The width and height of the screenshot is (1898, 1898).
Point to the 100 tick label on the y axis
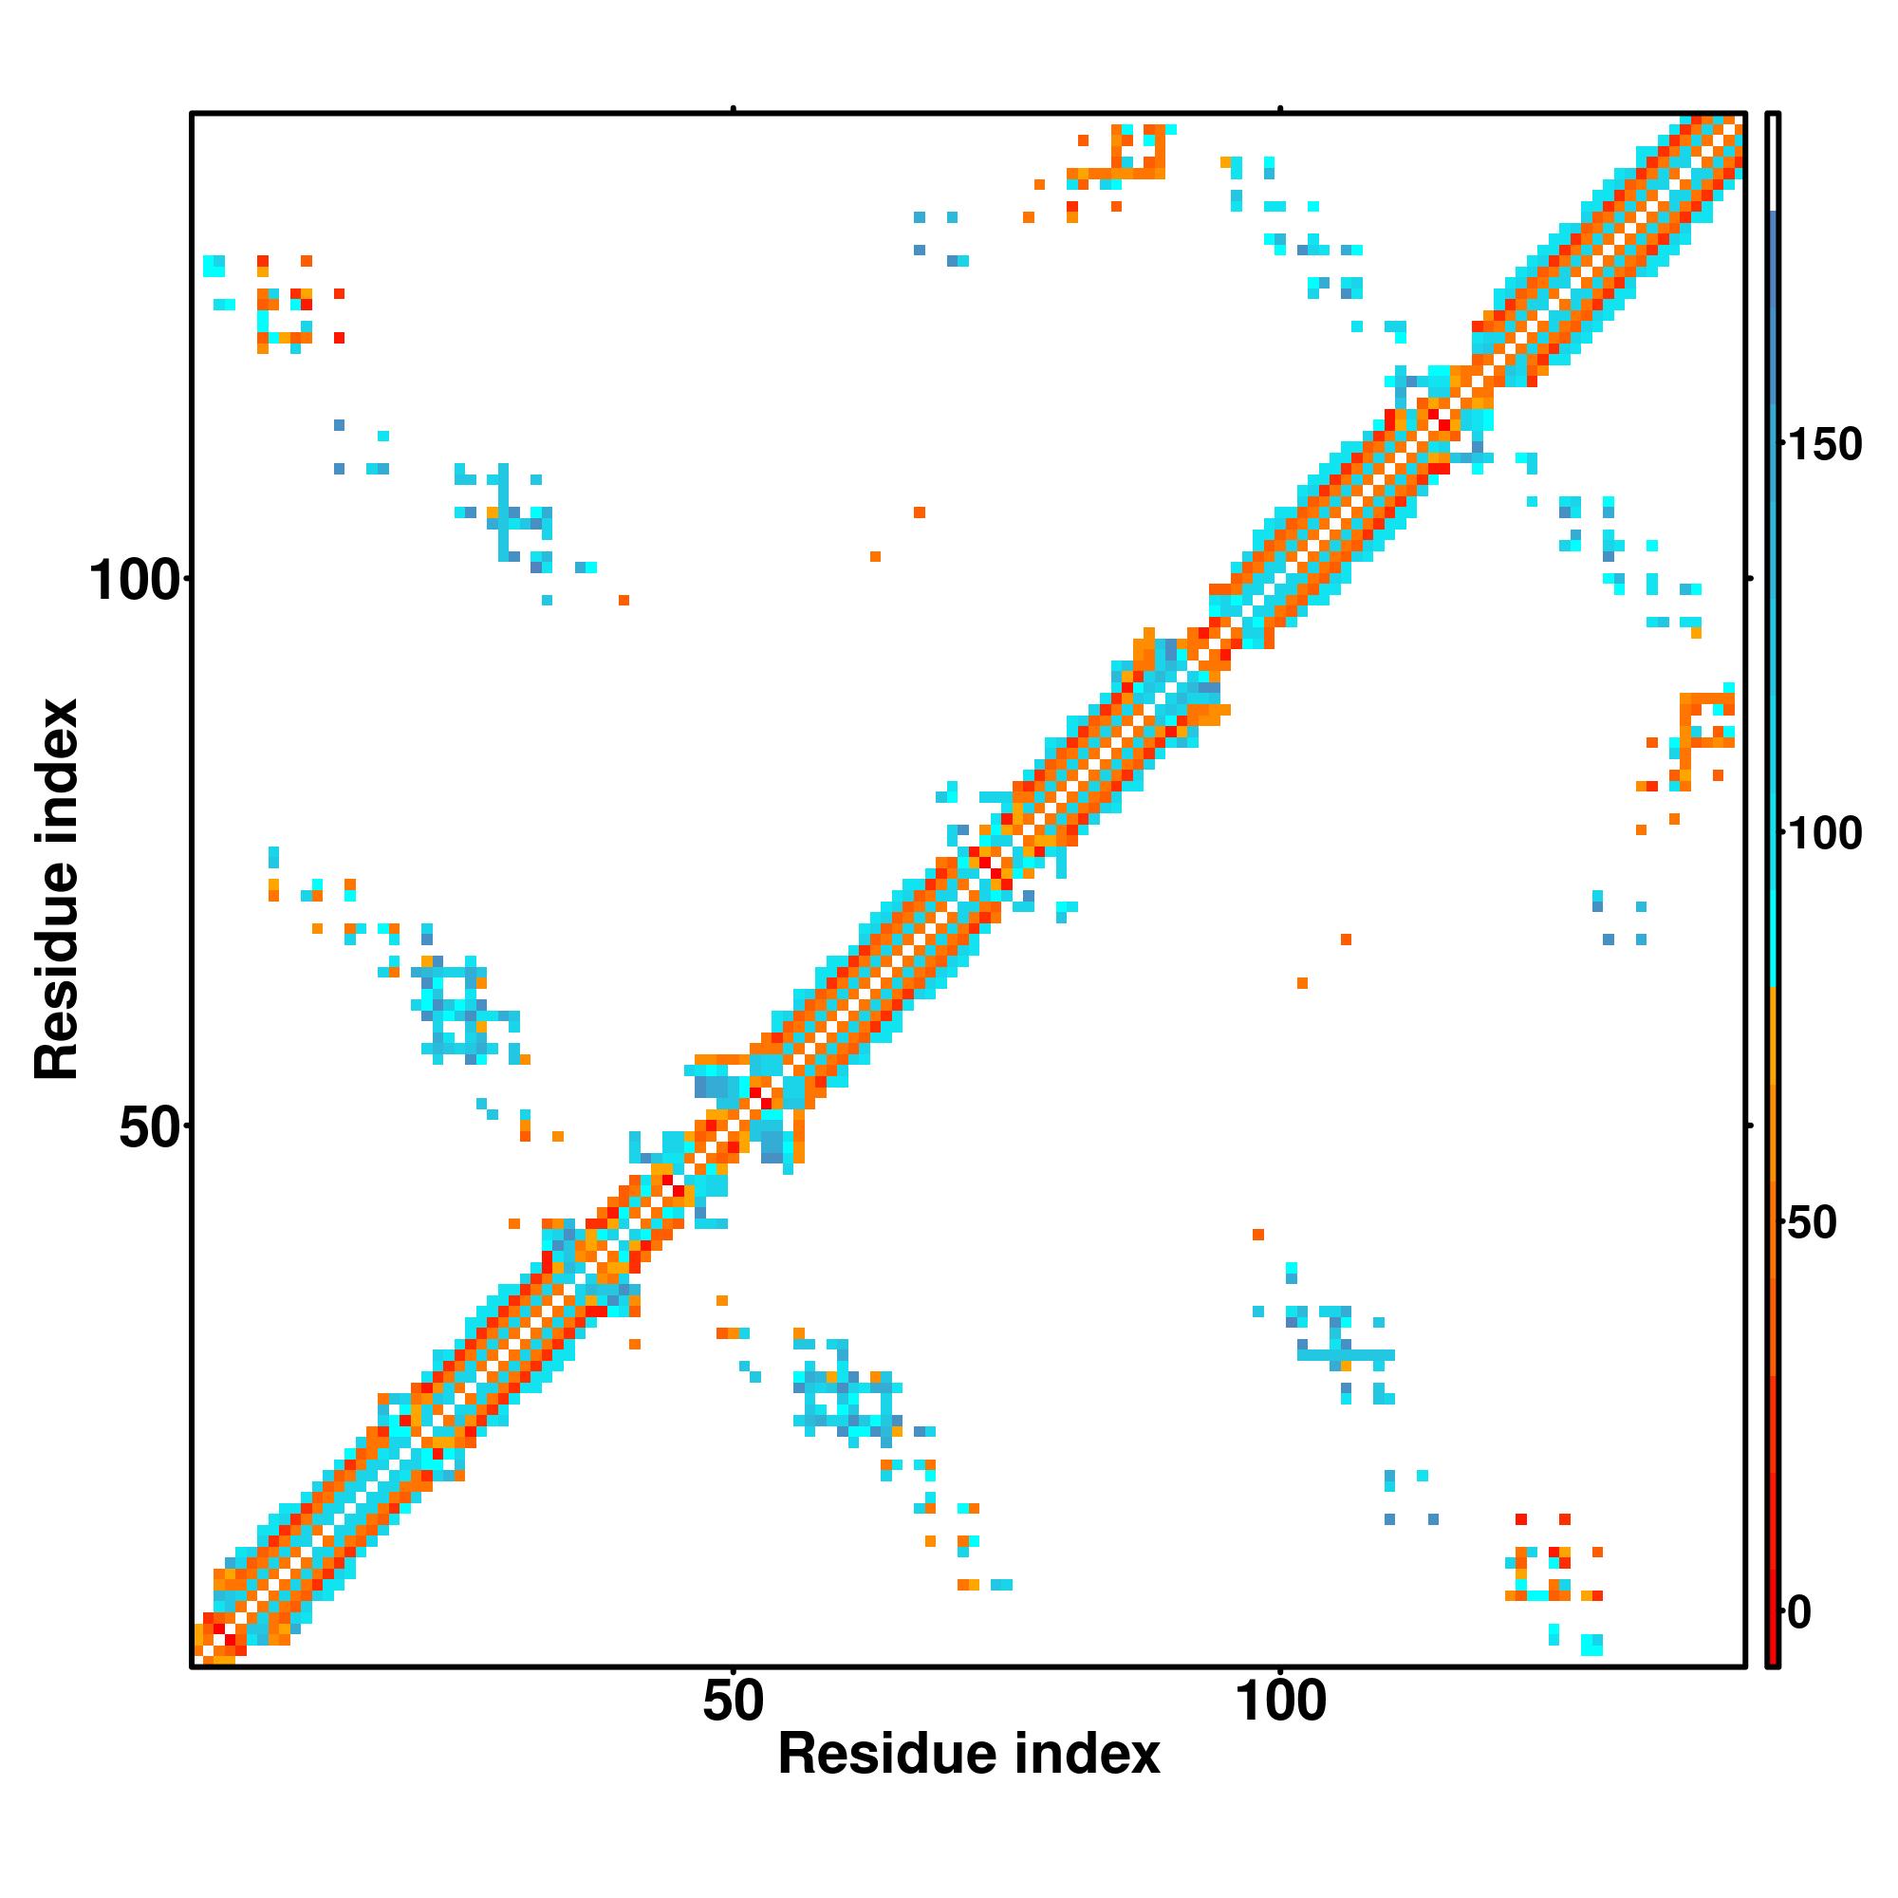pyautogui.click(x=135, y=581)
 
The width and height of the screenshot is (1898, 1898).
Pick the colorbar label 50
pyautogui.click(x=1812, y=1223)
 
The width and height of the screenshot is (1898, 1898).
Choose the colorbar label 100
pyautogui.click(x=1824, y=834)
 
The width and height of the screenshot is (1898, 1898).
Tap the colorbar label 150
pyautogui.click(x=1824, y=445)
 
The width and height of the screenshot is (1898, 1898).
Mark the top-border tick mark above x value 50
pyautogui.click(x=733, y=108)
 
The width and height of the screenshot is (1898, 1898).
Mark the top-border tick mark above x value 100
pyautogui.click(x=1280, y=108)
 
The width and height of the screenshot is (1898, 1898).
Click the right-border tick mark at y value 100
pyautogui.click(x=1750, y=580)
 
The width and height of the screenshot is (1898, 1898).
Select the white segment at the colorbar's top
pyautogui.click(x=1774, y=162)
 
